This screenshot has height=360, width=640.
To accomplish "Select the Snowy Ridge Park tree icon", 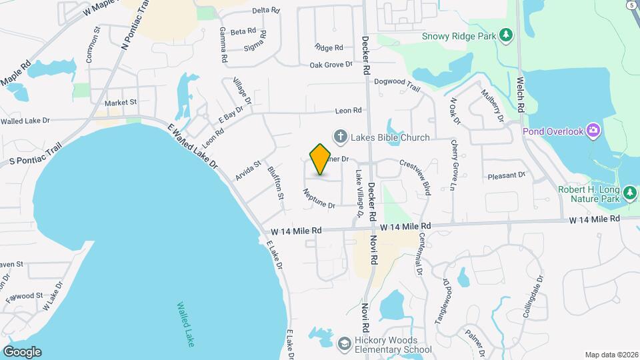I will coord(506,35).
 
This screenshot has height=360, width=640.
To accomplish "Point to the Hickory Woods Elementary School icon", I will coord(345,343).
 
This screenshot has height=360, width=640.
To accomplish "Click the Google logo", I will coord(22,352).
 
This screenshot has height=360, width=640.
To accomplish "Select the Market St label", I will coord(120,103).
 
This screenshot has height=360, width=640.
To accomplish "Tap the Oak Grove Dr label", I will coord(331,65).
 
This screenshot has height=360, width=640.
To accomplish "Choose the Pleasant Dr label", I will coord(507,175).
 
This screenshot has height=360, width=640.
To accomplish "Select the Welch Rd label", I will coord(521,94).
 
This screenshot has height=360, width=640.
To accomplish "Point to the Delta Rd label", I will coord(265,10).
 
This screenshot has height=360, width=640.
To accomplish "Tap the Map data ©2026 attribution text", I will coord(611,355).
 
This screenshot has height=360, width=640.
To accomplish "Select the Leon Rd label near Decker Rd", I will coord(348,110).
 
